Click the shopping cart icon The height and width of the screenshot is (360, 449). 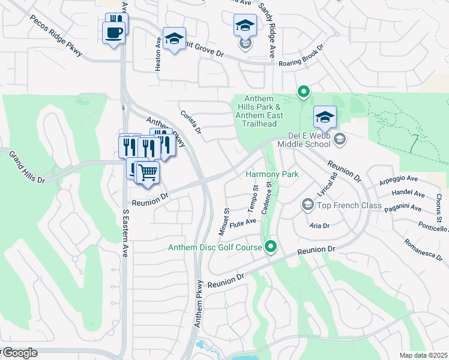click(147, 173)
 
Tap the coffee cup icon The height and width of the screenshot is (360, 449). click(114, 32)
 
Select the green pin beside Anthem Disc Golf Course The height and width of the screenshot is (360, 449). click(271, 247)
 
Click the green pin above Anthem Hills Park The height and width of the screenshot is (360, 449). click(304, 92)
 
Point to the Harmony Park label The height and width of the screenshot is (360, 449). click(272, 175)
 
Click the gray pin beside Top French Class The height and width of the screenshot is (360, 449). click(307, 205)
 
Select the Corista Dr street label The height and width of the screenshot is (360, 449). click(190, 121)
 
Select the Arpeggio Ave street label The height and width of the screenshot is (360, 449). click(397, 179)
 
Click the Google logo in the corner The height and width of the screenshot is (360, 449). click(20, 353)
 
